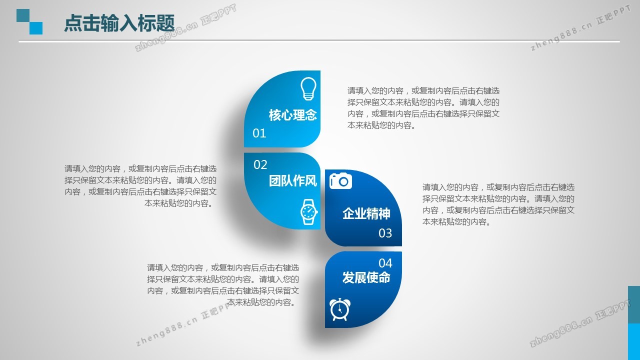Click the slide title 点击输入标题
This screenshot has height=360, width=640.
(119, 23)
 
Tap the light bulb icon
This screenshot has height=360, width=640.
(308, 88)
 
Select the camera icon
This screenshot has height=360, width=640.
(340, 180)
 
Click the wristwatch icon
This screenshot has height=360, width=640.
(309, 211)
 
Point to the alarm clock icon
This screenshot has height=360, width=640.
(339, 309)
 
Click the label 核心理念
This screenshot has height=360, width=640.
(293, 115)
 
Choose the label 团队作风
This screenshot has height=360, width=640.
(293, 181)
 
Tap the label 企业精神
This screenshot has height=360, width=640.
(366, 213)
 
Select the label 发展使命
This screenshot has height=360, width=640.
(366, 277)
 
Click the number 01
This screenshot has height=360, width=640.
(259, 133)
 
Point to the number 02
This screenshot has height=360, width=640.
(260, 165)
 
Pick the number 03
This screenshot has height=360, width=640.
(385, 233)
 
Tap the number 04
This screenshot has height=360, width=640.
(385, 263)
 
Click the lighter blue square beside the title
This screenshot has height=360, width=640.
(36, 28)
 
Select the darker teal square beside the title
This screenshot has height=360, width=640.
(23, 15)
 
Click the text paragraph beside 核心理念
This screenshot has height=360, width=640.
(423, 108)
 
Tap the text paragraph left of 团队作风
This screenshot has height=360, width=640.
(140, 186)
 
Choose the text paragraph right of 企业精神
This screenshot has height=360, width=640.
(498, 204)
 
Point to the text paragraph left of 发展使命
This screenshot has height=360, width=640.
(223, 285)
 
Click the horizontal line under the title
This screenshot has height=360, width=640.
(319, 41)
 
